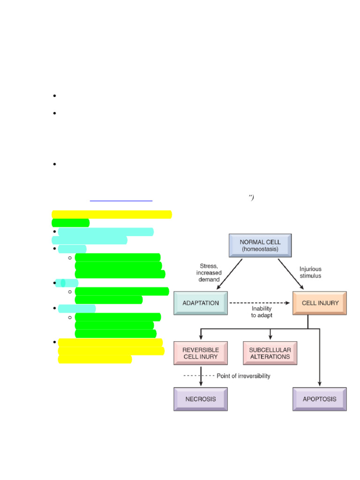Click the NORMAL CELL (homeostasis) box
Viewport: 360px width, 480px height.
point(260,246)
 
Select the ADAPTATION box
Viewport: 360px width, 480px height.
point(200,303)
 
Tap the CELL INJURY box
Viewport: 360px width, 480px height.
point(320,303)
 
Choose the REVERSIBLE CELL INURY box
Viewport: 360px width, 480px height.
point(200,353)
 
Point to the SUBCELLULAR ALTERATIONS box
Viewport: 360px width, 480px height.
point(270,353)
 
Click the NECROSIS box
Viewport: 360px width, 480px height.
point(200,399)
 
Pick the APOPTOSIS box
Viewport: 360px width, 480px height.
point(320,399)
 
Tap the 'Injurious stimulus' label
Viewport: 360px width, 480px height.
point(310,272)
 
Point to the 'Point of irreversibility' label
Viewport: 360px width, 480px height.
point(243,376)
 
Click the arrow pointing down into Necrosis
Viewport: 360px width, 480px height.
point(200,379)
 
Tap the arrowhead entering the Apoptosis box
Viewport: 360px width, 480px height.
point(320,384)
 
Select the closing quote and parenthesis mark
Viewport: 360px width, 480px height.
point(251,197)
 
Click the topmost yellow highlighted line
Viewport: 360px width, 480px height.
point(112,214)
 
